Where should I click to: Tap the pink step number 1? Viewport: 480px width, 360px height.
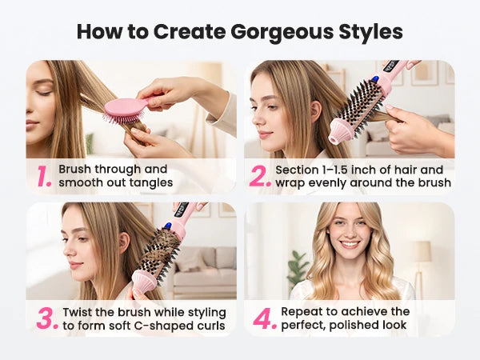[x=44, y=176]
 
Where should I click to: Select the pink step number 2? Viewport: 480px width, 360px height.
[x=260, y=176]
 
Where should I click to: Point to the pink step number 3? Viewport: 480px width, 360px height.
[x=47, y=318]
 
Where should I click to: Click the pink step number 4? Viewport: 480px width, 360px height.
[x=265, y=318]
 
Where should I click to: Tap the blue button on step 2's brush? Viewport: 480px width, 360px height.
[x=374, y=81]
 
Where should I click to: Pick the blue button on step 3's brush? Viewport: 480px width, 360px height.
[x=167, y=226]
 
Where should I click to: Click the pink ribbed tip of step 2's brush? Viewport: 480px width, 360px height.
[x=341, y=130]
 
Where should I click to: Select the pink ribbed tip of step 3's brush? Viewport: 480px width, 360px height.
[x=143, y=280]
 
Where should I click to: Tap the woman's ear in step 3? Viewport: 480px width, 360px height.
[x=124, y=243]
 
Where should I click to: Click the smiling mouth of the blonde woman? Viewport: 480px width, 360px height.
[x=350, y=245]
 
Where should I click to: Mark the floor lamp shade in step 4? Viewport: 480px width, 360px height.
[x=422, y=252]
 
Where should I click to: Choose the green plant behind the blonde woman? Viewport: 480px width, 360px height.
[x=297, y=269]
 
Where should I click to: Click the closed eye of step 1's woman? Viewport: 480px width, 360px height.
[x=44, y=93]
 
